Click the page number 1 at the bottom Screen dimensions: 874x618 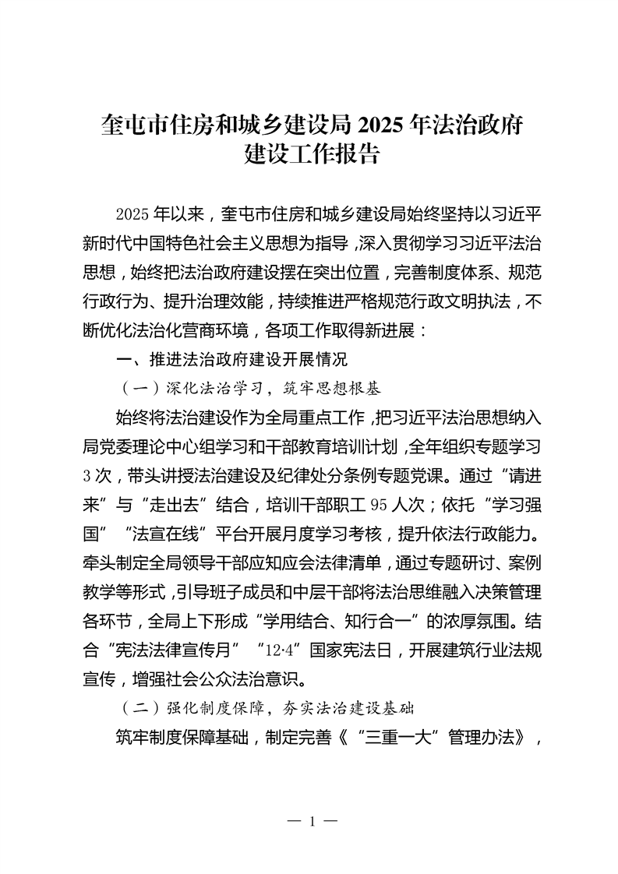click(x=311, y=822)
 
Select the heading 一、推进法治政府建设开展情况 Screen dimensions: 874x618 click(x=230, y=359)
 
